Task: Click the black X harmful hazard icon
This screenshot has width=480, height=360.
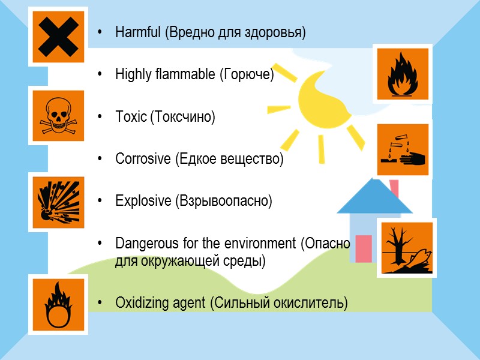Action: pos(58,36)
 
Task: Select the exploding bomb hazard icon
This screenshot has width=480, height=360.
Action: pos(58,202)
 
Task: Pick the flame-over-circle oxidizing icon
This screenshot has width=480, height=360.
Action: pos(58,305)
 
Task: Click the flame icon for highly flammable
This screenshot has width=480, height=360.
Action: pos(401,73)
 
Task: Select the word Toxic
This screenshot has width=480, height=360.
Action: pos(131,117)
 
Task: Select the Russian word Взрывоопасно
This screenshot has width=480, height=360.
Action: pos(223,201)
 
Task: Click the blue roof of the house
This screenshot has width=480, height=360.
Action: pos(375,197)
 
